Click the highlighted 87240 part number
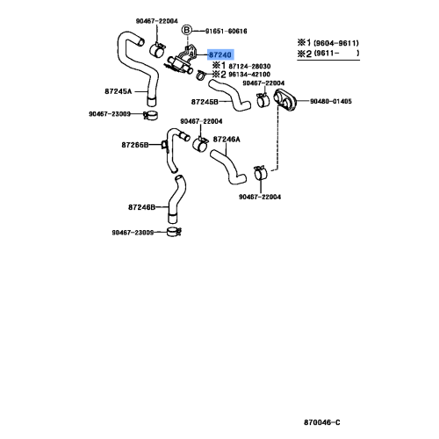pos(220,54)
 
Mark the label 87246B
pos(141,207)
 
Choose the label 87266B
pos(134,145)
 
